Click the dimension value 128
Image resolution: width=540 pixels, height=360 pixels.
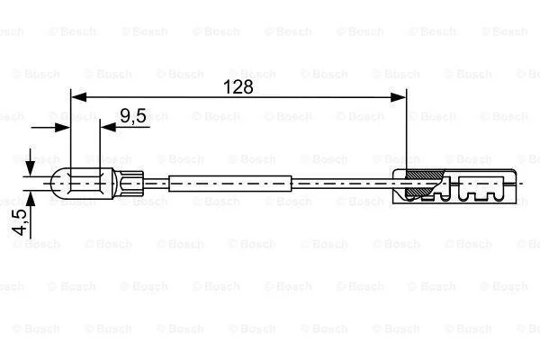pos(238,86)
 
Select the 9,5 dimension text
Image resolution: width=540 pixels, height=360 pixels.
pos(133,116)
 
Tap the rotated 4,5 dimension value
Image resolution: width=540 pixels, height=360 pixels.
pos(19,222)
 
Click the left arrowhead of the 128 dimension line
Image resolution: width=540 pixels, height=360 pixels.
pos(78,97)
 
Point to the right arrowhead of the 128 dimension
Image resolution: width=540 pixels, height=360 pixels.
pos(399,97)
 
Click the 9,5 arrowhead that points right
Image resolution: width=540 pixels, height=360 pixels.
pos(63,128)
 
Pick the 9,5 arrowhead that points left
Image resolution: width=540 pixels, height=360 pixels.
pos(108,128)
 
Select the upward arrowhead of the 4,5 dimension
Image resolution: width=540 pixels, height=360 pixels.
pos(31,198)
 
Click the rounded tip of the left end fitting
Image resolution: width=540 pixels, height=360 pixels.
pos(53,184)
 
